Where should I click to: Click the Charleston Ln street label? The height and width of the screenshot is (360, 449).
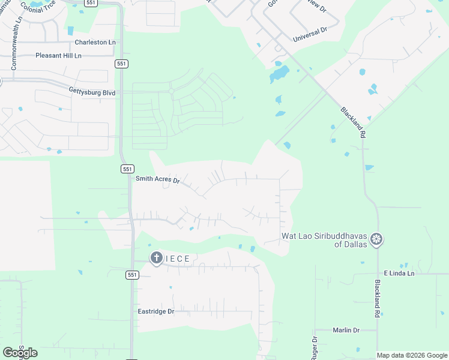tap(95, 43)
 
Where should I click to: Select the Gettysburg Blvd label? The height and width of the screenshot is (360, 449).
tap(92, 93)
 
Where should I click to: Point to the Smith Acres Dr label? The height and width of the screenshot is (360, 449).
tap(158, 179)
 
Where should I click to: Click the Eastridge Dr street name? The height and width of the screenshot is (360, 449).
tap(155, 311)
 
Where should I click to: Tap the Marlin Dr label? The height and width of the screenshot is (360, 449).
tap(345, 330)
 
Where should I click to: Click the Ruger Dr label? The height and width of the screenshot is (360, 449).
tap(314, 348)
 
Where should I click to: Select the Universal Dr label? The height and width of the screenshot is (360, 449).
tap(310, 34)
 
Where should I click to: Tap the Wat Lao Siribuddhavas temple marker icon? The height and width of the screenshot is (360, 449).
tap(376, 239)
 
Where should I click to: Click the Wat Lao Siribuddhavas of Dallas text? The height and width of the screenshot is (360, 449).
tap(325, 240)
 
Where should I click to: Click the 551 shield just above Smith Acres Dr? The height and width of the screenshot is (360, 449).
tap(127, 169)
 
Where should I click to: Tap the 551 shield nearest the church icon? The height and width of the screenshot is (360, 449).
tap(133, 275)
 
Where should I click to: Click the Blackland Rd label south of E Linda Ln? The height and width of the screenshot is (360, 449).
tap(378, 298)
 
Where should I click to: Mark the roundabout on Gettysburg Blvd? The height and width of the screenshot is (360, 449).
tap(171, 92)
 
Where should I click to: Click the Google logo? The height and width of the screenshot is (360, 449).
tap(20, 353)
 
